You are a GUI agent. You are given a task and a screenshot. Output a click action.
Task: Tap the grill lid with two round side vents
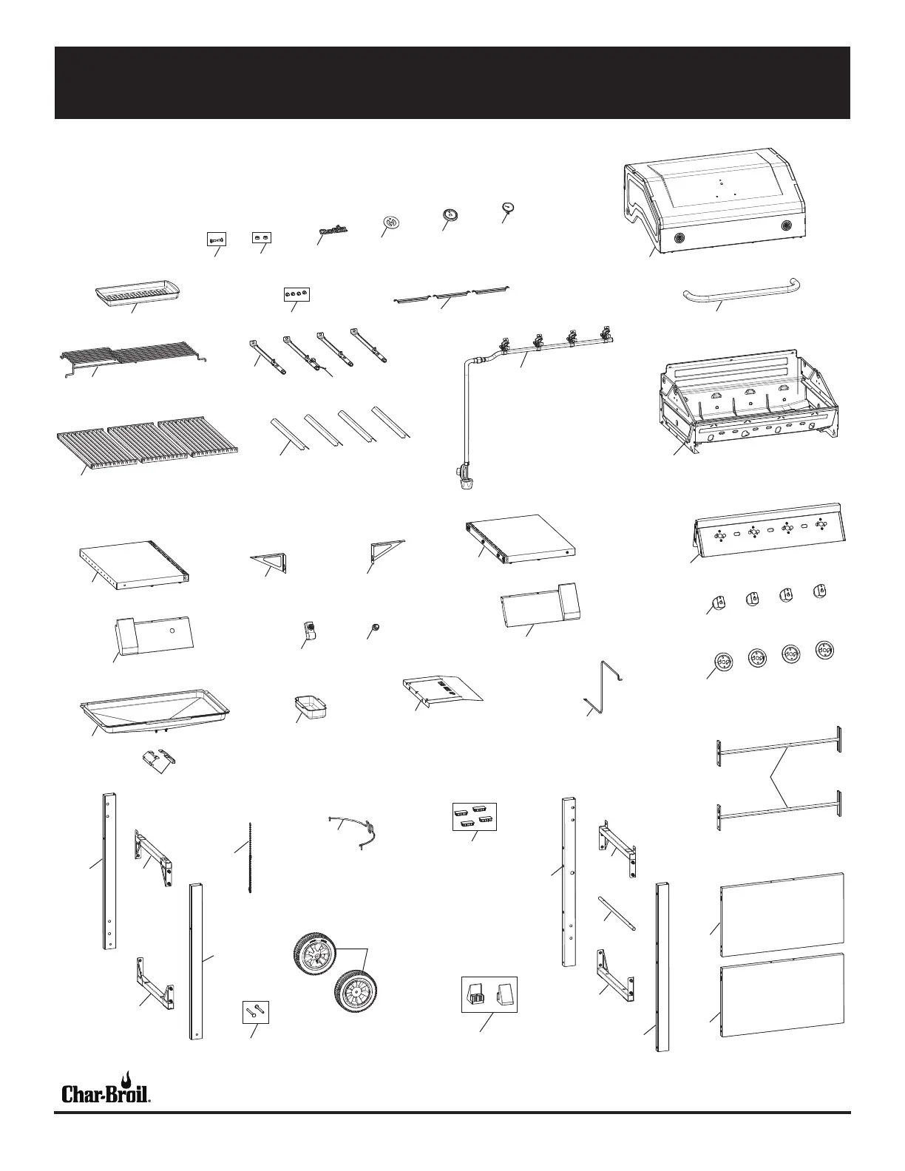point(714,200)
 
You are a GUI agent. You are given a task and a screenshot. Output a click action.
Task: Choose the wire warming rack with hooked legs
point(133,353)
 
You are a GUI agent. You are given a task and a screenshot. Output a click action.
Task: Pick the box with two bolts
point(256,1011)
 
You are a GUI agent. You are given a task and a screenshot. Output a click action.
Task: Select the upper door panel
point(782,914)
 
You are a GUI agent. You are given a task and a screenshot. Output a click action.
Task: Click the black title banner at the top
point(452,82)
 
